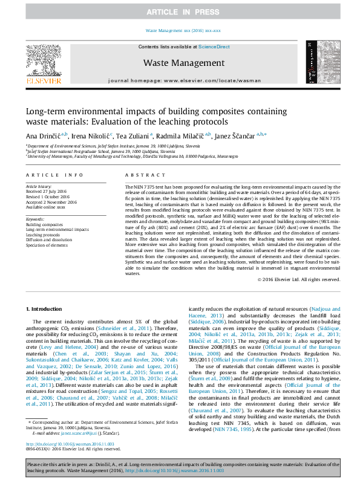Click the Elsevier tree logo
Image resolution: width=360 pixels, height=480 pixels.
[43, 60]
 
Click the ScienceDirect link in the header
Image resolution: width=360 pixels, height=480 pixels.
[215, 47]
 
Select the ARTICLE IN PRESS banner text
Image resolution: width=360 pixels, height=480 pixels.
[180, 11]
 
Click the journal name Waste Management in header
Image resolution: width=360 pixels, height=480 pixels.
[184, 63]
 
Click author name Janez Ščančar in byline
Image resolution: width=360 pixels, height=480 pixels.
[236, 135]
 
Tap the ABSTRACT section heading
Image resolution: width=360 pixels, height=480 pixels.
[138, 175]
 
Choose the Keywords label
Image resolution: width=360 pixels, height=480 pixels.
[35, 219]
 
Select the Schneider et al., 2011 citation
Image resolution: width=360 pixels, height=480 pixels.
[128, 326]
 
